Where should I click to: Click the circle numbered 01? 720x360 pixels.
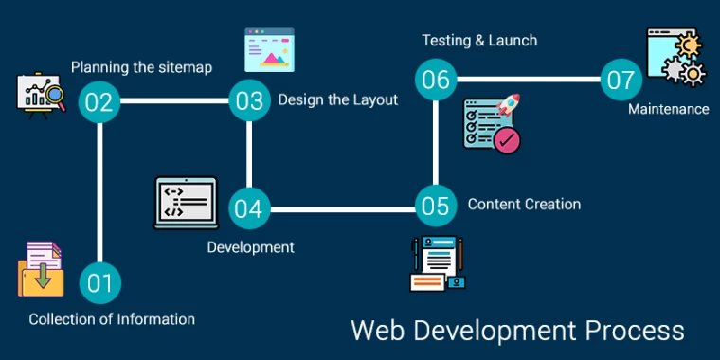(99, 282)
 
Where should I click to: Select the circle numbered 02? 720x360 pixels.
(99, 100)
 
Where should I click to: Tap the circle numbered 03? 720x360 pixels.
(249, 100)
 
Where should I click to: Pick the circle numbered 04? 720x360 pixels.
(248, 207)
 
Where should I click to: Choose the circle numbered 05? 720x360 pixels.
(435, 206)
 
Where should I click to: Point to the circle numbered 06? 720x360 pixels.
(435, 79)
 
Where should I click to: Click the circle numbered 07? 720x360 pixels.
(621, 80)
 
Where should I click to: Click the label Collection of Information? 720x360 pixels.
(112, 319)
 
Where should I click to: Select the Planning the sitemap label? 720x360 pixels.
(141, 67)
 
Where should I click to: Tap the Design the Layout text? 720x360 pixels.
(337, 99)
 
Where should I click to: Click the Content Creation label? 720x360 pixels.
(524, 204)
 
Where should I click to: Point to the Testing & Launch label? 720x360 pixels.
(479, 40)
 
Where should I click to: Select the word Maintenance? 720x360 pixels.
(668, 109)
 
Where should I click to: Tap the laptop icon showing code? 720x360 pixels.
(186, 203)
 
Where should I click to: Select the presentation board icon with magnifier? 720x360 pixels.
(39, 96)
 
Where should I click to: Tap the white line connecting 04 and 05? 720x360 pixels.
(341, 207)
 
